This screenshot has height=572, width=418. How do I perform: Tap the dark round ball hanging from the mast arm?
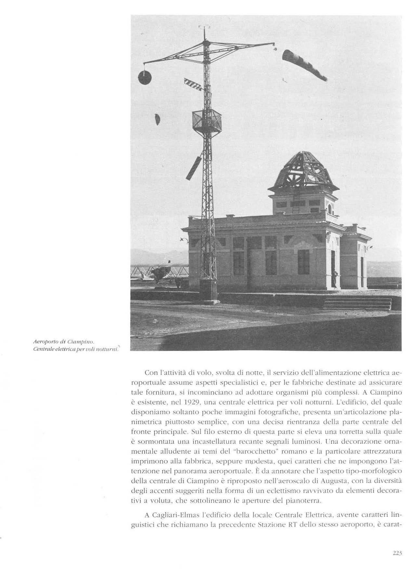tap(145, 77)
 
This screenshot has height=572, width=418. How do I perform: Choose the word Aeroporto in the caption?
tap(45, 342)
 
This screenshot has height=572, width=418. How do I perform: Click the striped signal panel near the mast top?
tap(192, 84)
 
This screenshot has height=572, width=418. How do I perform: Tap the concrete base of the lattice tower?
tap(208, 290)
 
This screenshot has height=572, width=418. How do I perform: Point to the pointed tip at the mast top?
tap(204, 31)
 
